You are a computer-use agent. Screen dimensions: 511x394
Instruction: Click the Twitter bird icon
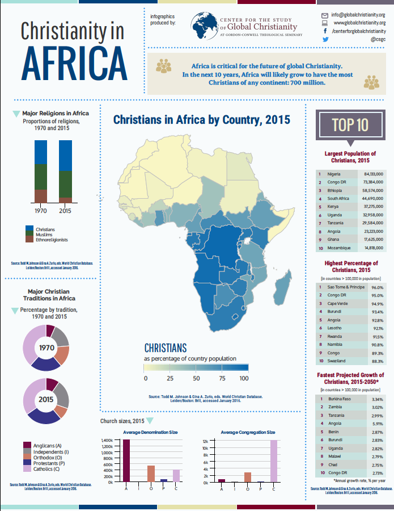click(x=325, y=40)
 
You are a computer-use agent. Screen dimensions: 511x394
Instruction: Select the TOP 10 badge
click(x=349, y=125)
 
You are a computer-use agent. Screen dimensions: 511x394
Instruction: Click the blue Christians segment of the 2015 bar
click(x=65, y=155)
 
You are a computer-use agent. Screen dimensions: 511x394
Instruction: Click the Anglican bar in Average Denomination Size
click(x=126, y=460)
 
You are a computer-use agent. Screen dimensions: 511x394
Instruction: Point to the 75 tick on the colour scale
click(x=222, y=378)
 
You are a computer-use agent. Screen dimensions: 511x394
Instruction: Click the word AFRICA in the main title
click(x=73, y=59)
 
